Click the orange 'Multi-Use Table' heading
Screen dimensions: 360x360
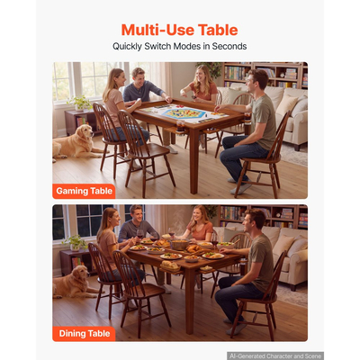point(179,30)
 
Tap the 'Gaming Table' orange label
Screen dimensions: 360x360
point(84,191)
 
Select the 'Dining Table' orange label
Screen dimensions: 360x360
point(85,334)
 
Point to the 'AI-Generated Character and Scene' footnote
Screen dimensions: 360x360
point(275,356)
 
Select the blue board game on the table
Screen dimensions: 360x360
point(184,113)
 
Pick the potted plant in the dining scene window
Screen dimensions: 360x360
point(75,243)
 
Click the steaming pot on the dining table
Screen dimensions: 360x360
point(180,245)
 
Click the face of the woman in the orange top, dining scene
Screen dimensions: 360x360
point(198,215)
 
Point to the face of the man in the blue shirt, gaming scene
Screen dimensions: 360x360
point(139,76)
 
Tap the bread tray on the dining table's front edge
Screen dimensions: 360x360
point(170,266)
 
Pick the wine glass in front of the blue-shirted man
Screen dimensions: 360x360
point(140,234)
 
